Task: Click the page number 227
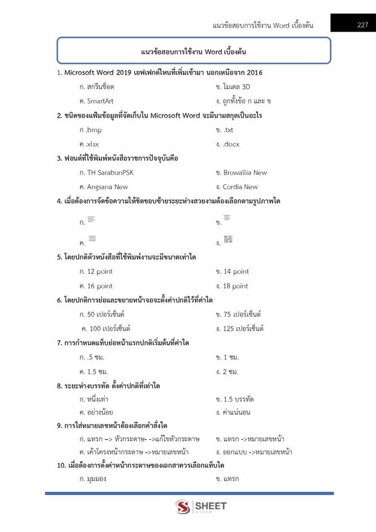pos(362,25)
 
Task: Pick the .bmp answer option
pos(90,130)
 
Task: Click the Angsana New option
pos(104,187)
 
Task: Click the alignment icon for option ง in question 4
pos(228,240)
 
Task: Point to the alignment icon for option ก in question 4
pos(91,219)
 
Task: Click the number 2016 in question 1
pos(254,73)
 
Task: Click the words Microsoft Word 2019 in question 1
pos(101,73)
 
